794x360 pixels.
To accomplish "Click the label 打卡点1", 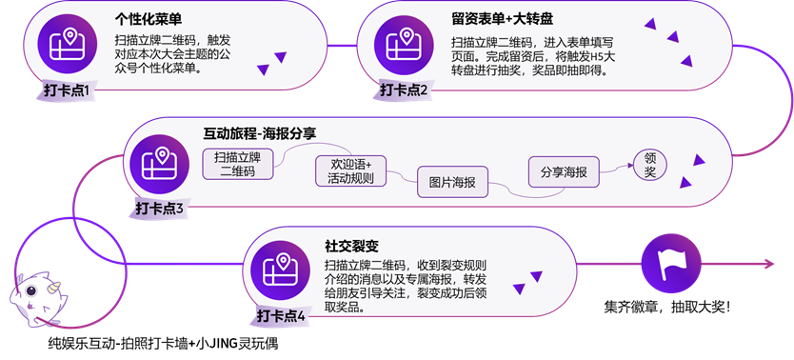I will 66,90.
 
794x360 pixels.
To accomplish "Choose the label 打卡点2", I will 404,90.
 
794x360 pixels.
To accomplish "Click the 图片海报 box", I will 452,182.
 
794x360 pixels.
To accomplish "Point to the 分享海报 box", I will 563,172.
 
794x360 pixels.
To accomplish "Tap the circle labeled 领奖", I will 649,165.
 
